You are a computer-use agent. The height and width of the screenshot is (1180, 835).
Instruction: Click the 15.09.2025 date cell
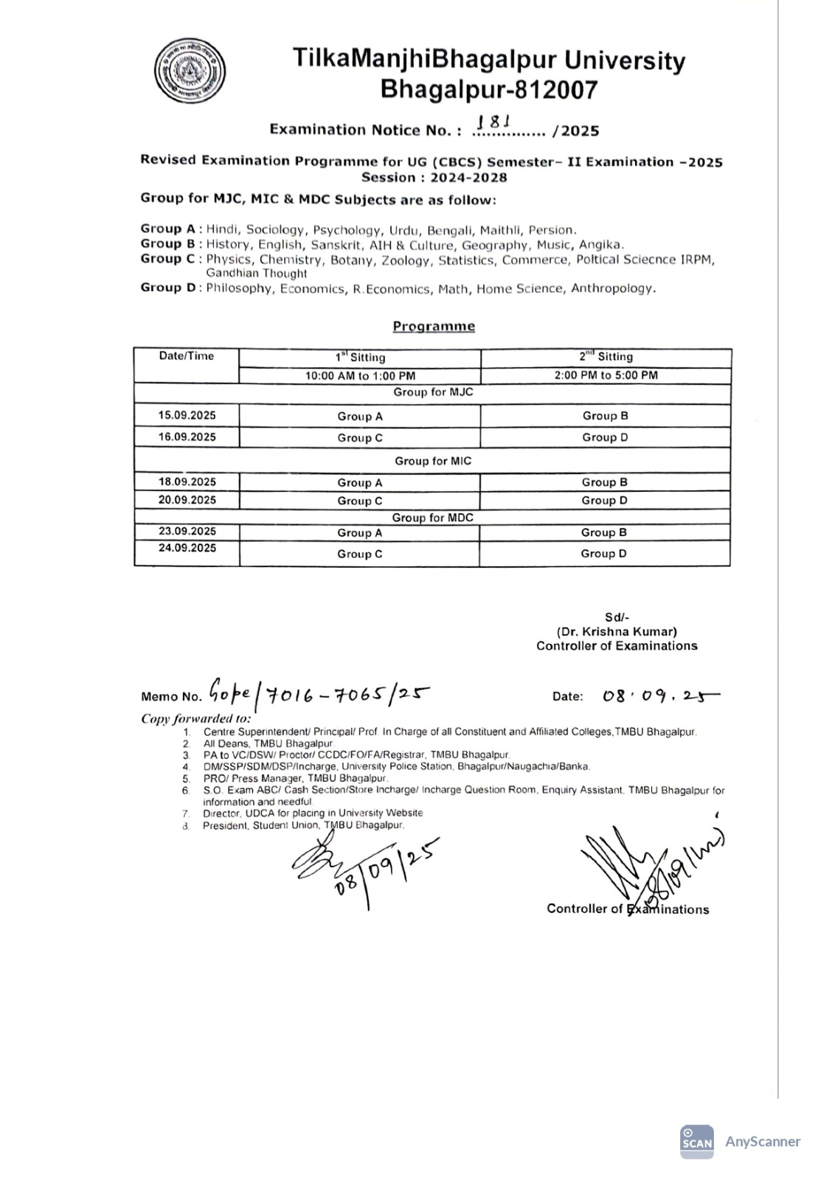click(x=187, y=415)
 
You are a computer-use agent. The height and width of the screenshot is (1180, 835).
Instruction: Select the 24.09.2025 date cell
click(x=187, y=548)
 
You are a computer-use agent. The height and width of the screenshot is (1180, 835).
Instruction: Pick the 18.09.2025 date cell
click(x=187, y=482)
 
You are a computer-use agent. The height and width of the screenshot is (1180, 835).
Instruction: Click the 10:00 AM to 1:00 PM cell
click(x=360, y=375)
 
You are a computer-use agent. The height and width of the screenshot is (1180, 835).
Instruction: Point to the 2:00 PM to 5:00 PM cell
click(x=606, y=375)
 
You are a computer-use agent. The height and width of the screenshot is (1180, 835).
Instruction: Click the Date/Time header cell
click(x=187, y=356)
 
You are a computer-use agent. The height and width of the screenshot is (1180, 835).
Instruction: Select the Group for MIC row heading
click(x=432, y=461)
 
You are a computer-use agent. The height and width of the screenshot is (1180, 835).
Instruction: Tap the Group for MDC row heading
click(x=432, y=518)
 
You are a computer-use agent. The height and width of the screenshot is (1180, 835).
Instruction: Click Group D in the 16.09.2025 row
click(x=605, y=437)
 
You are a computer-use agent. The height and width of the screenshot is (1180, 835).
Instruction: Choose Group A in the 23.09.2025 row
click(x=360, y=532)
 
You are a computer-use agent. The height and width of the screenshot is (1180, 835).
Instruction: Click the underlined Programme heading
click(x=434, y=326)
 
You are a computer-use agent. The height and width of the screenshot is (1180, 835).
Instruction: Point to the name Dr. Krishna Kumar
click(x=617, y=631)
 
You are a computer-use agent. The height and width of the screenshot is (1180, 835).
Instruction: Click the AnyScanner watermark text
click(x=762, y=1142)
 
